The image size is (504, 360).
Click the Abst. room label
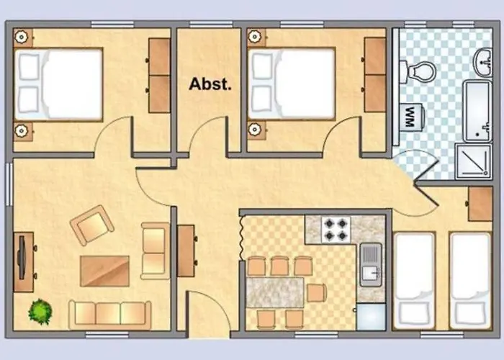pyautogui.click(x=210, y=84)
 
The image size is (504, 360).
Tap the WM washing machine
pyautogui.click(x=412, y=117)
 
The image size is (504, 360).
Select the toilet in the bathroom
pyautogui.click(x=417, y=72)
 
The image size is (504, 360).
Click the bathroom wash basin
pyautogui.click(x=483, y=63)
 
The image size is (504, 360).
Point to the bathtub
pyautogui.click(x=477, y=111)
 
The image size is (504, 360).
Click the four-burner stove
pyautogui.click(x=336, y=230)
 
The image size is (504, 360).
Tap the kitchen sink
pyautogui.click(x=371, y=265)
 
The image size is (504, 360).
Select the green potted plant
pyautogui.click(x=40, y=312)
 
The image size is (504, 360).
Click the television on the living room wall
pyautogui.click(x=22, y=258)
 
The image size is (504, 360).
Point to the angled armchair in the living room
pyautogui.click(x=92, y=225)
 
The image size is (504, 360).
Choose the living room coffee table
pyautogui.click(x=105, y=271)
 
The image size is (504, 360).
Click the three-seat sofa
pyautogui.click(x=110, y=315)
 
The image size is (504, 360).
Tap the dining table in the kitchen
pyautogui.click(x=275, y=292)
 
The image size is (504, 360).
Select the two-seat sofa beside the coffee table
pyautogui.click(x=156, y=251)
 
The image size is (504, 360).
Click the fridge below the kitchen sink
pyautogui.click(x=371, y=316)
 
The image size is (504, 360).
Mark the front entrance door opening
pyautogui.click(x=208, y=334)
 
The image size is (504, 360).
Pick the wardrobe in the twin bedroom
pyautogui.click(x=480, y=204)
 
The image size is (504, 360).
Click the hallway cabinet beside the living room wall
pyautogui.click(x=186, y=251)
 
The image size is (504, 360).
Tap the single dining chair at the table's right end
pyautogui.click(x=317, y=292)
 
